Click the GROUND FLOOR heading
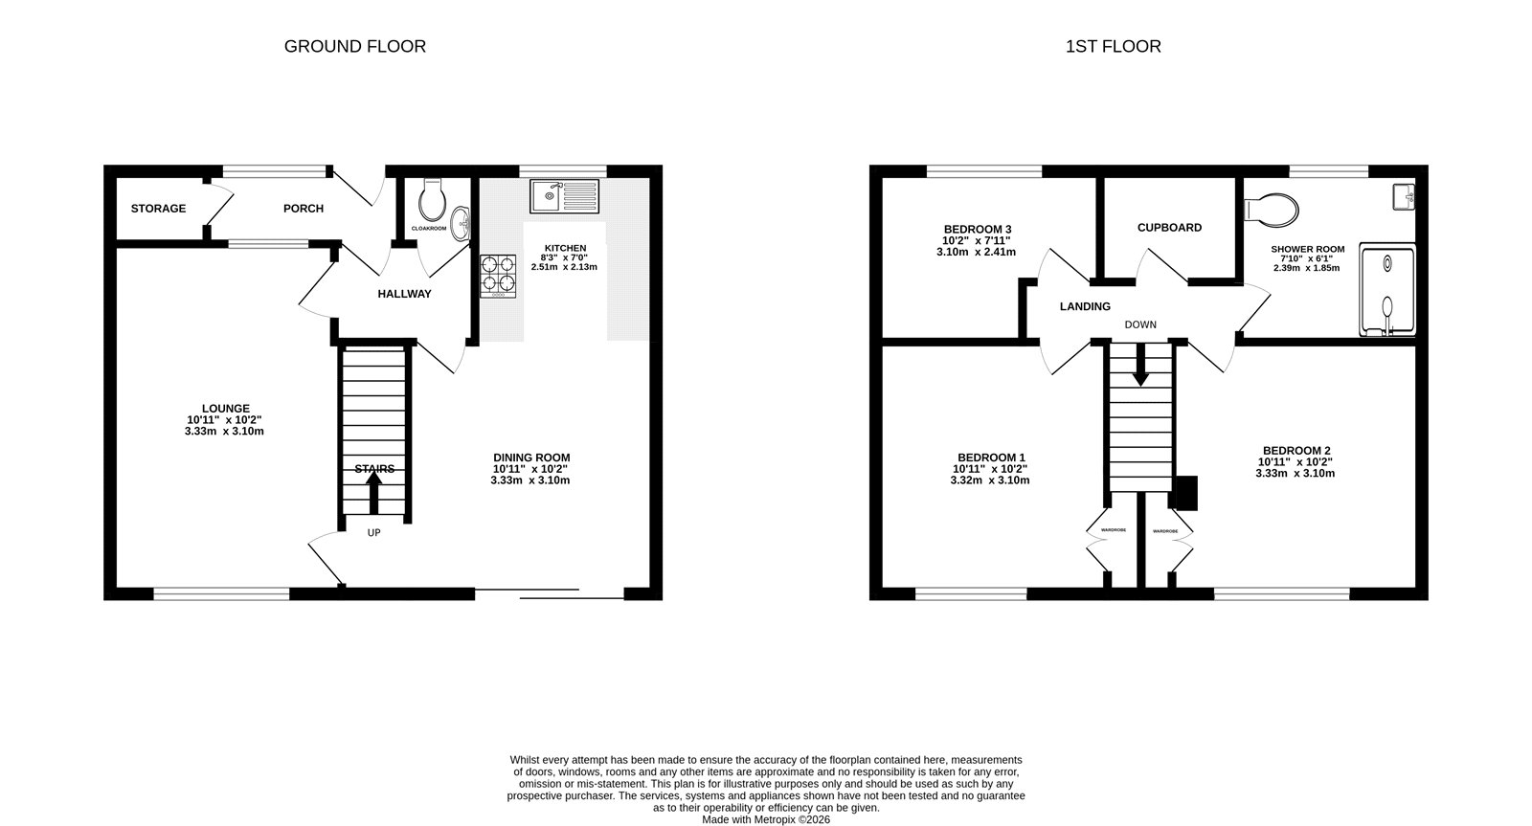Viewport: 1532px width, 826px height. coord(354,46)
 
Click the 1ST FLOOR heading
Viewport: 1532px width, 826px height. coord(1113,46)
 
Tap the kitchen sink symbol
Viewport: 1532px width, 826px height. coord(564,196)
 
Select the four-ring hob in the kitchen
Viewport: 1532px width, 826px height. coord(498,275)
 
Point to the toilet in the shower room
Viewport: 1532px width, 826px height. coord(1270,208)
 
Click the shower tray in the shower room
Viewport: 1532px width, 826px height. coord(1386,292)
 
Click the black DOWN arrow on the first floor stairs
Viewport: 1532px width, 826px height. coord(1139,367)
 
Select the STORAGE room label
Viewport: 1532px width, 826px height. coord(158,209)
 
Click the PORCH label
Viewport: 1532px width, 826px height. coord(303,209)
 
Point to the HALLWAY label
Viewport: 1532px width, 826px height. coord(404,294)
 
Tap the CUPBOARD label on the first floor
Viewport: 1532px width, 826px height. coord(1169,228)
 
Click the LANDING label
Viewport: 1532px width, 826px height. coord(1084,307)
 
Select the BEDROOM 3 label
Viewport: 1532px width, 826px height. coord(977,229)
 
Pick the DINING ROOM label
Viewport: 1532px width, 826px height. coord(530,458)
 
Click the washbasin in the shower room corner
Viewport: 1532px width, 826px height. coord(1404,196)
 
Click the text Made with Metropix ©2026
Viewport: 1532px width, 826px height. coord(765,819)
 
